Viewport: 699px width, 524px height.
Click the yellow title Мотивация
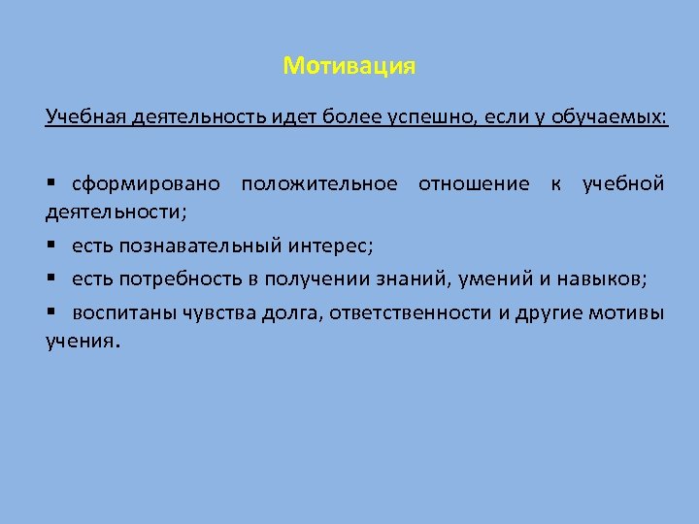pos(349,67)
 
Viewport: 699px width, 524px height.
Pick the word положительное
pos(319,183)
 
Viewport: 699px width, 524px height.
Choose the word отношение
pos(474,183)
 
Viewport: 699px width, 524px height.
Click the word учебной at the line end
pos(623,183)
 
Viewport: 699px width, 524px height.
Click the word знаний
pos(403,279)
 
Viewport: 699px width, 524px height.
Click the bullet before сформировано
pos(50,183)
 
